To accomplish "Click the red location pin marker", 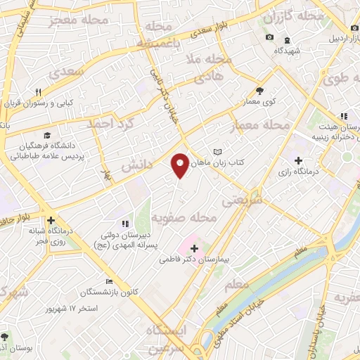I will (x=181, y=165).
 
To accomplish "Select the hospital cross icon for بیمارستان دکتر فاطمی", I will (x=194, y=248).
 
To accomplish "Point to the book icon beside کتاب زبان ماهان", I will (x=217, y=152).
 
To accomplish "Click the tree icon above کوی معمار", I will (x=259, y=91).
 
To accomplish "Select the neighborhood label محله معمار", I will (x=259, y=127).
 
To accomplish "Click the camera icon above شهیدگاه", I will (x=269, y=37).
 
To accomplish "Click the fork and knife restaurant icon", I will (x=39, y=92).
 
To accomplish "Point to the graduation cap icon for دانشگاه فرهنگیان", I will (x=46, y=135).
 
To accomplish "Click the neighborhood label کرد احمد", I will (x=109, y=123).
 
